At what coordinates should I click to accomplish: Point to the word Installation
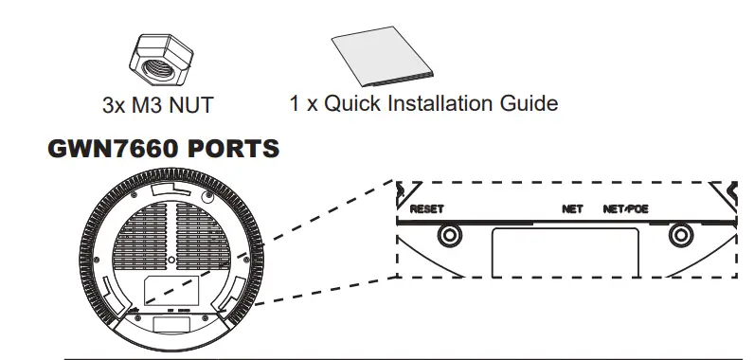click(443, 102)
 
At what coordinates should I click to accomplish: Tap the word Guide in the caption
click(530, 102)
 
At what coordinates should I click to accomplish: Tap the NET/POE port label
click(625, 208)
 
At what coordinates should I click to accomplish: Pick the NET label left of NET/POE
click(572, 208)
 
